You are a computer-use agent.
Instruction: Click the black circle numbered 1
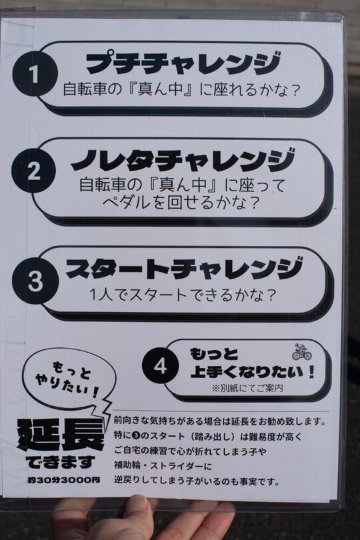pos(35,74)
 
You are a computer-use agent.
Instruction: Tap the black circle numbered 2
pos(33,171)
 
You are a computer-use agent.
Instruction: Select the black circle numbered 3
pos(35,281)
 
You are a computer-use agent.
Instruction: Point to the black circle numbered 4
pos(161,366)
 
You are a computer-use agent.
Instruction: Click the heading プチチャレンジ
pos(183,63)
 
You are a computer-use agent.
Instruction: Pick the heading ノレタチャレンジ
pos(183,160)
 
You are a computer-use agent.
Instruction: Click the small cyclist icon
pos(302,351)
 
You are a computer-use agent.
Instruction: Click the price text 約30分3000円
pos(64,480)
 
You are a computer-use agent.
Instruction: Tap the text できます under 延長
pos(60,462)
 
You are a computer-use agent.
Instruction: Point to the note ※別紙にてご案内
pos(247,389)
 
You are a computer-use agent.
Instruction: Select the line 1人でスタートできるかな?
pos(183,295)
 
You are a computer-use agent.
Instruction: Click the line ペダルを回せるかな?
pos(180,203)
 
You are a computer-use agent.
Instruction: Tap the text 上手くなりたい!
pos(253,372)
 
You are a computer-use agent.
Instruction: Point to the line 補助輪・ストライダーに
pos(163,466)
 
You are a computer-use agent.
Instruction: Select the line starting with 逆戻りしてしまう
pos(197,481)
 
